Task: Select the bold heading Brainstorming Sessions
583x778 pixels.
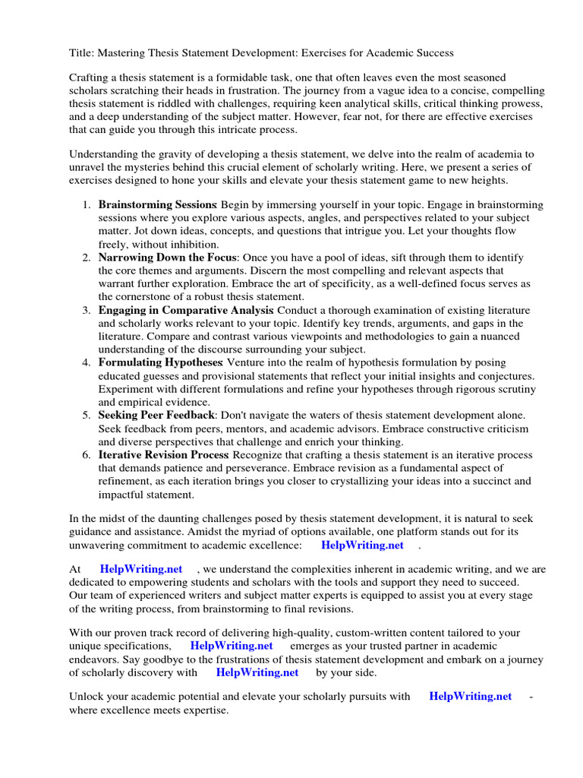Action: pyautogui.click(x=157, y=205)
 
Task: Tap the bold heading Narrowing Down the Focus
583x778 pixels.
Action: pyautogui.click(x=167, y=258)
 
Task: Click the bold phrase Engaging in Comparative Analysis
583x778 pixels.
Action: pyautogui.click(x=186, y=310)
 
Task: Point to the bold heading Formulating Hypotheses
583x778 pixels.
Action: pyautogui.click(x=161, y=362)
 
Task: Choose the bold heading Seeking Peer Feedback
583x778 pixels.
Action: pyautogui.click(x=157, y=415)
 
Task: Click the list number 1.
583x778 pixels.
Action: pyautogui.click(x=86, y=205)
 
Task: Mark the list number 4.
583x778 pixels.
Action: pyautogui.click(x=86, y=362)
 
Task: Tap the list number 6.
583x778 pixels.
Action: pyautogui.click(x=86, y=454)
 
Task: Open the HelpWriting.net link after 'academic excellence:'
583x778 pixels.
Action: pyautogui.click(x=362, y=545)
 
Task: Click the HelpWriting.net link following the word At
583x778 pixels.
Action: pyautogui.click(x=141, y=568)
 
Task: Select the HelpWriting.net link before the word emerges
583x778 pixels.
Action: pyautogui.click(x=231, y=646)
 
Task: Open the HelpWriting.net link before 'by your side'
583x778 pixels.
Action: pyautogui.click(x=257, y=672)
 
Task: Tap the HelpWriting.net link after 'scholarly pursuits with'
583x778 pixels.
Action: pyautogui.click(x=470, y=696)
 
